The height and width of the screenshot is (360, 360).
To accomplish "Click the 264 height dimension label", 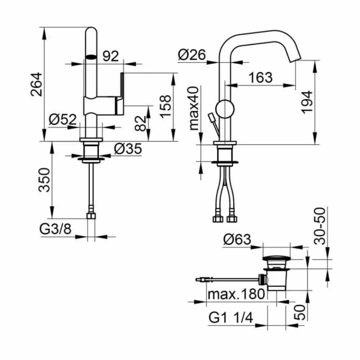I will (37, 84).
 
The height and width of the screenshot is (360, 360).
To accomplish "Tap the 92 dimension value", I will (111, 56).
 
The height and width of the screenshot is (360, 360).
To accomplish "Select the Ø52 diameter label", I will (63, 119).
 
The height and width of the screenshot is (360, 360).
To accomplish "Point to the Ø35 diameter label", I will (127, 149).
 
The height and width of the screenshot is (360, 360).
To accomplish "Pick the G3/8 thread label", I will (55, 230).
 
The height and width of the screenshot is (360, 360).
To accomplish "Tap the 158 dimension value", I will (165, 107).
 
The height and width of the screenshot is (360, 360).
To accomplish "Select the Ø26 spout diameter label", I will (192, 55).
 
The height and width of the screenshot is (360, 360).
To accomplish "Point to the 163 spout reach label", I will (260, 77).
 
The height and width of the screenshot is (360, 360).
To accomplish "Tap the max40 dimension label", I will (193, 108).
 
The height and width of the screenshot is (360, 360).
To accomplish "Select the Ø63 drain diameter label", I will (237, 240).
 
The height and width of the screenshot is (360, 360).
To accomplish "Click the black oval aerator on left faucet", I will (91, 57).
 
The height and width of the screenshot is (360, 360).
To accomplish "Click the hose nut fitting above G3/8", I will (91, 216).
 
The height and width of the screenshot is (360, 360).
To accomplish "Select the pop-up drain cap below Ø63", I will (276, 259).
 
